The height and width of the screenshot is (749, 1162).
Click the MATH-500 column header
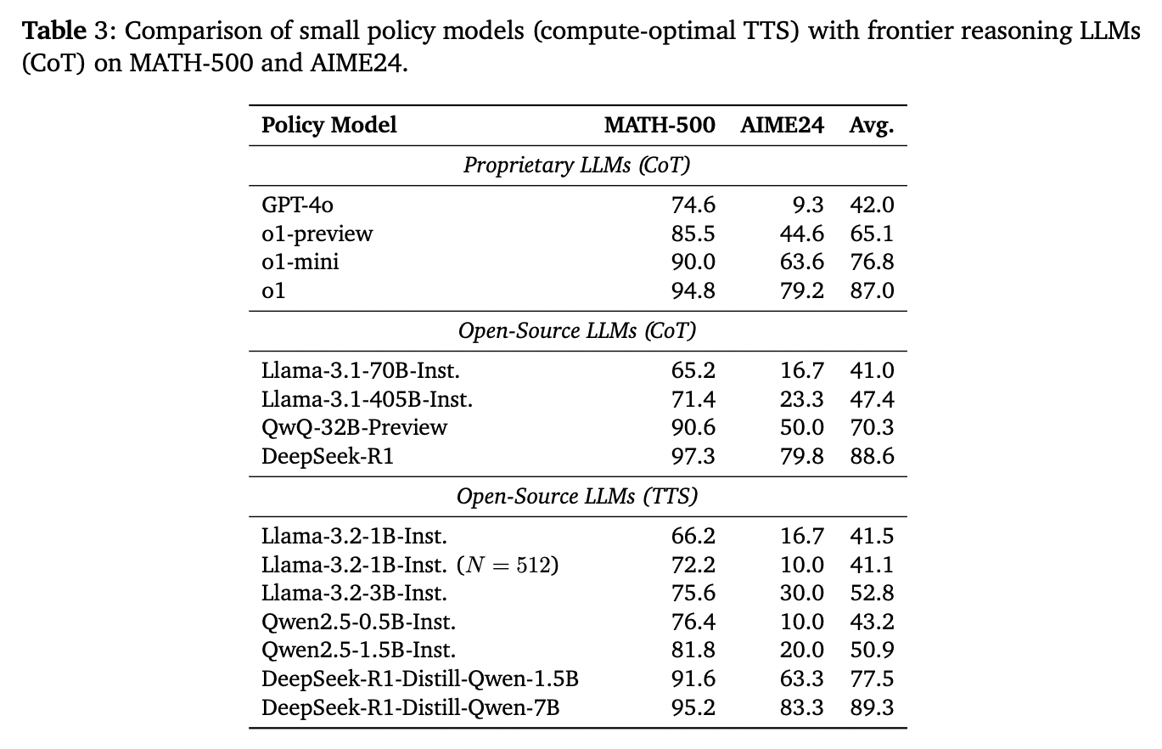pos(660,125)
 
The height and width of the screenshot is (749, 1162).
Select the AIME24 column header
pos(782,125)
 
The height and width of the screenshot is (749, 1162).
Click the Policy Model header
pos(328,126)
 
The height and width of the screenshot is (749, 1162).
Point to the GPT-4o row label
pos(297,205)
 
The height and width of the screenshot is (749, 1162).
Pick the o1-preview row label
pos(317,234)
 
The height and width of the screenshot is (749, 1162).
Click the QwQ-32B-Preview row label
pos(354,428)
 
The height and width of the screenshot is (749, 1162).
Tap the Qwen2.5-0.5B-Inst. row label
pos(358,622)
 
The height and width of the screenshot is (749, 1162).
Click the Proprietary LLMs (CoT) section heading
pos(577,166)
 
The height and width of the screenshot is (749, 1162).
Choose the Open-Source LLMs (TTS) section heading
pos(577,497)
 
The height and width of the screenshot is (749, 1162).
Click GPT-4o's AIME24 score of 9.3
pos(808,205)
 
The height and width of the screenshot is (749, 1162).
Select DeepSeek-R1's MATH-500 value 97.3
pos(693,456)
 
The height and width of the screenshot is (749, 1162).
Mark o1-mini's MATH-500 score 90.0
pos(693,262)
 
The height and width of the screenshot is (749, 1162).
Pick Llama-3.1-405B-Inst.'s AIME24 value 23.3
pos(802,399)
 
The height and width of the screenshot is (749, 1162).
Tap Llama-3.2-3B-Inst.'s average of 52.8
pos(872,594)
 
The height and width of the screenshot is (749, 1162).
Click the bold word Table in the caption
pos(54,31)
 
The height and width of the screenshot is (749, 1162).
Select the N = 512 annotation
pos(508,565)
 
